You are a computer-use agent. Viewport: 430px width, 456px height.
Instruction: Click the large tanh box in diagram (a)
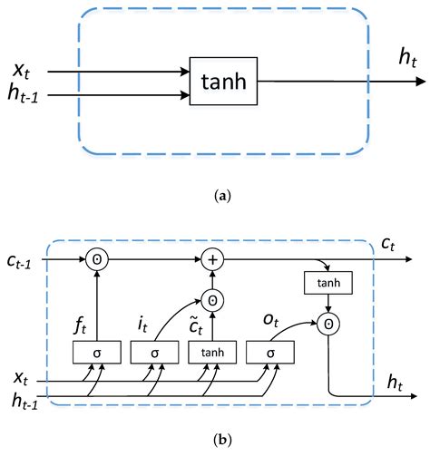point(222,81)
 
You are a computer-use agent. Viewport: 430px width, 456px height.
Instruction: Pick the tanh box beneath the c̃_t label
point(210,350)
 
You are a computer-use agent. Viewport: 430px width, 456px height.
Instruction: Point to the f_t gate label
point(78,320)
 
